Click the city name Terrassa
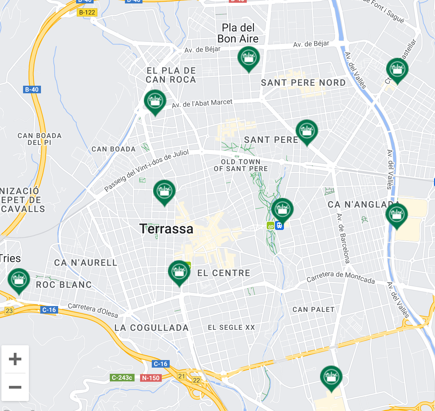(x=166, y=229)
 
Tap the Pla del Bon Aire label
(x=238, y=33)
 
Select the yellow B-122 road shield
(x=87, y=12)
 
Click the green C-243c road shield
(x=122, y=378)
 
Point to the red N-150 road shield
(x=151, y=378)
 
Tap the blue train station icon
(x=279, y=226)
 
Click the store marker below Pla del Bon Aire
(x=248, y=59)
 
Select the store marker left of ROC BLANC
(x=19, y=280)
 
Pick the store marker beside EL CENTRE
(x=179, y=272)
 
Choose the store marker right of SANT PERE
(x=306, y=131)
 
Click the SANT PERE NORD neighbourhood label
(x=303, y=83)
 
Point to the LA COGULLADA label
(x=151, y=328)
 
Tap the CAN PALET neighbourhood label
(x=313, y=309)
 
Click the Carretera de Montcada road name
(x=340, y=277)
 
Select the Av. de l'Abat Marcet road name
(x=202, y=103)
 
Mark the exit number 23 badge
(x=9, y=310)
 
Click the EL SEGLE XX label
(x=231, y=327)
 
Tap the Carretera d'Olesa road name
(x=93, y=310)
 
